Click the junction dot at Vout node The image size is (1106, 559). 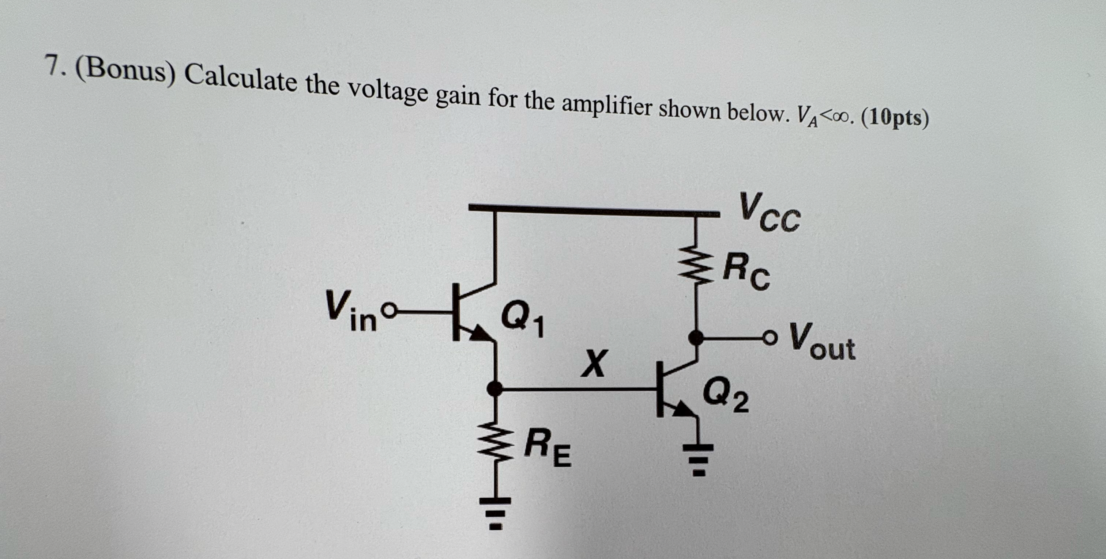(x=696, y=338)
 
